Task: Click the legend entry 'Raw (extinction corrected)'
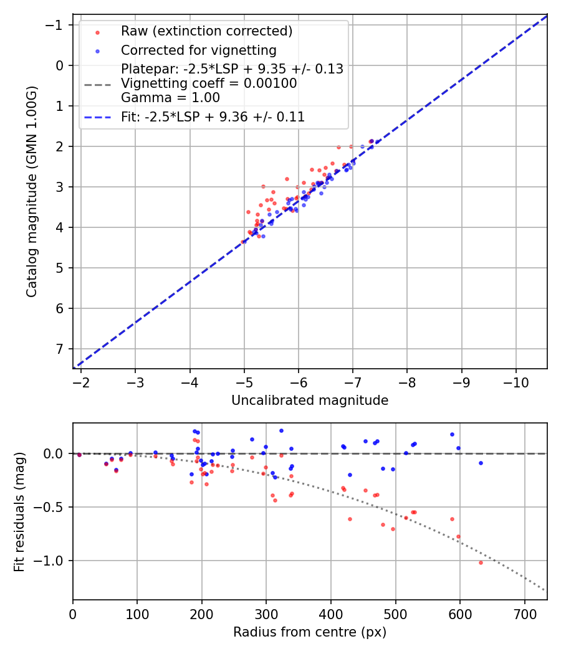(206, 31)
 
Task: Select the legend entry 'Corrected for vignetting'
(198, 50)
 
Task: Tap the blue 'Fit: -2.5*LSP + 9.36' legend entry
(213, 116)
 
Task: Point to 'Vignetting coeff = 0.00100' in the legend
(209, 83)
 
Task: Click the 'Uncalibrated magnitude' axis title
(310, 400)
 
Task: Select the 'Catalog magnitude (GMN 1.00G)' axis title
(32, 191)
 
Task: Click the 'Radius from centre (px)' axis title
(310, 632)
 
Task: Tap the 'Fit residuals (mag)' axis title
(19, 511)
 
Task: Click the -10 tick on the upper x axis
(516, 382)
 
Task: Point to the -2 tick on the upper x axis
(81, 382)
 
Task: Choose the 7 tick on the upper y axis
(59, 349)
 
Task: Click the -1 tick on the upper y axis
(56, 25)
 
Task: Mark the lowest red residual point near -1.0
(481, 562)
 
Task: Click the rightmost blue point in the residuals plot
(481, 463)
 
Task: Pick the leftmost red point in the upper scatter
(243, 242)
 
